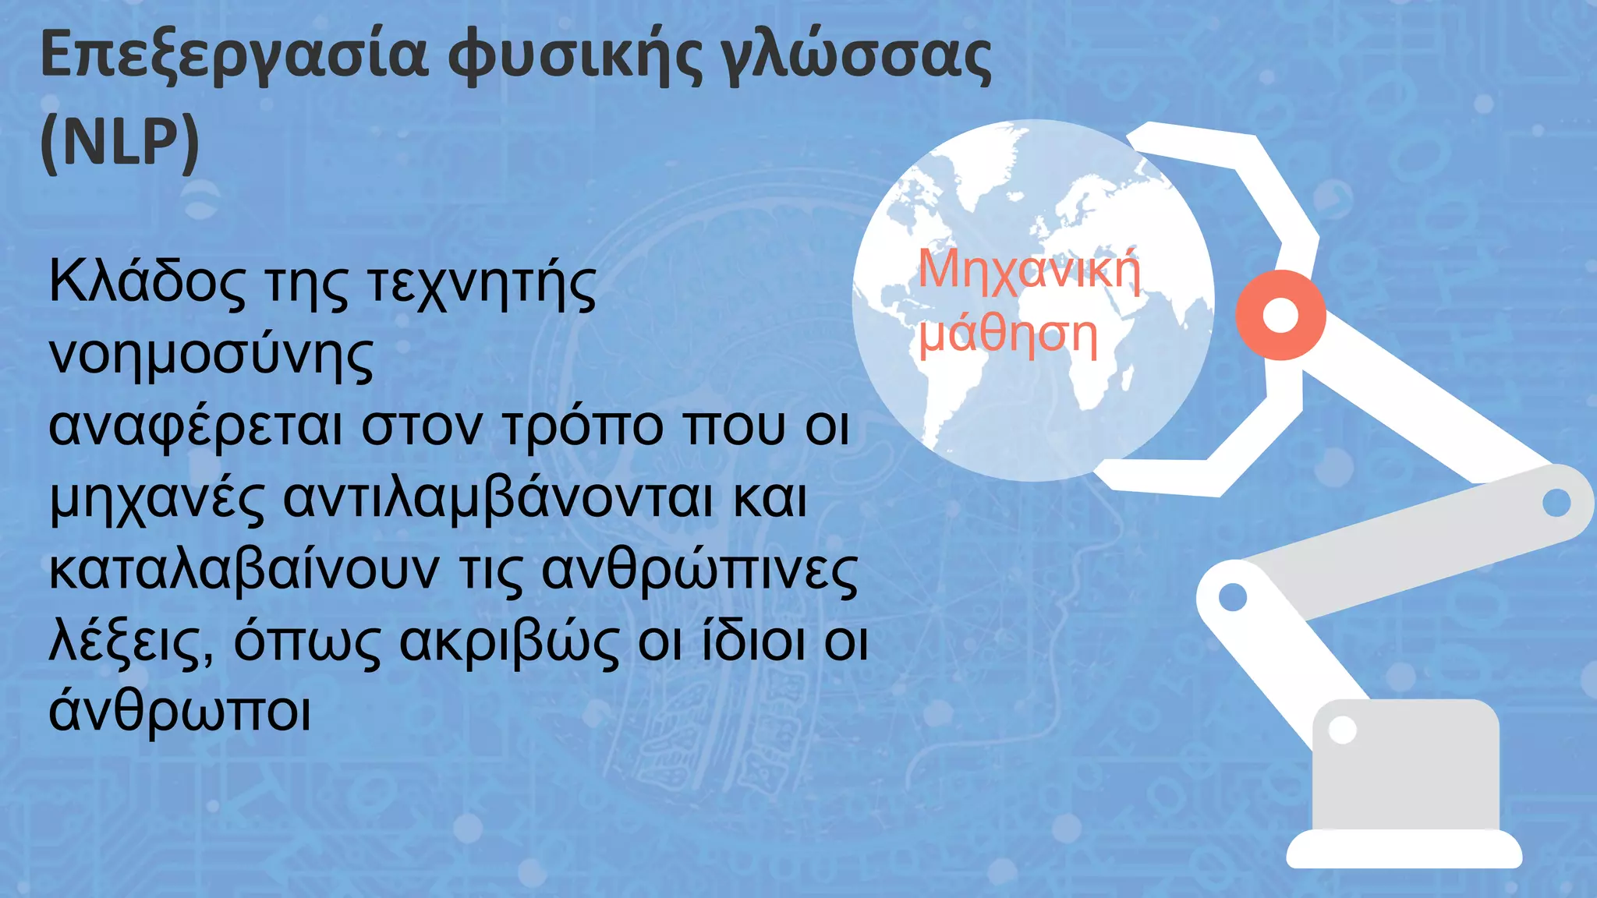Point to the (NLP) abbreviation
tap(120, 143)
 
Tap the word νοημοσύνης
tap(211, 355)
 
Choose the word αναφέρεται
tap(195, 427)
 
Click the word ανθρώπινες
tap(699, 571)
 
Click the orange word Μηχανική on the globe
tap(1029, 271)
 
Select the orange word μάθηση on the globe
tap(1007, 335)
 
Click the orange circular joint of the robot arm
tap(1280, 315)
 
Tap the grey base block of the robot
tap(1405, 768)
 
